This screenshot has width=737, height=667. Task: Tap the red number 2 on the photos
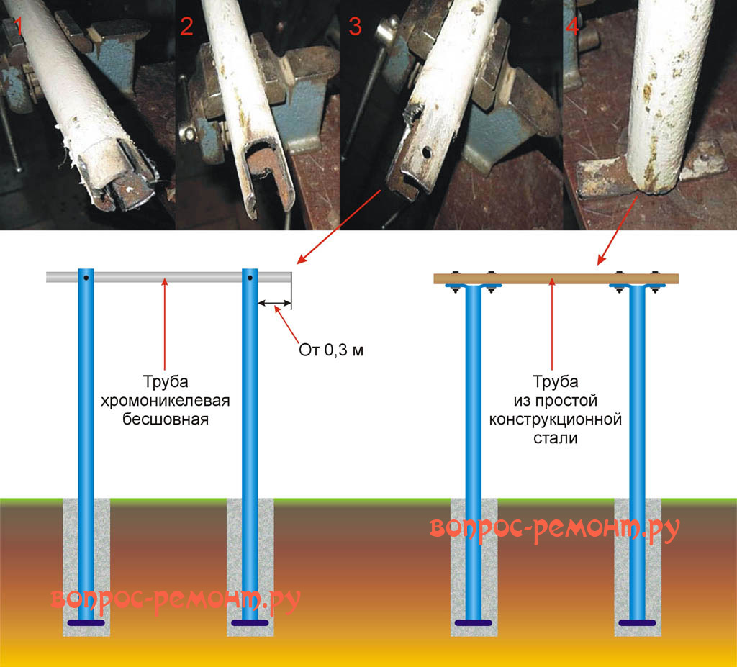187,27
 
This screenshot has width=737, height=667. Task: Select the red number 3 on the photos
355,27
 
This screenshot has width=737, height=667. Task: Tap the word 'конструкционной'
555,419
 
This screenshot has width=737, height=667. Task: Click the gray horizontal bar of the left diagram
166,277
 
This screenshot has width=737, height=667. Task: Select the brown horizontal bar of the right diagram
554,278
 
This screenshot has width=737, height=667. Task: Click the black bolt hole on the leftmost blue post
86,278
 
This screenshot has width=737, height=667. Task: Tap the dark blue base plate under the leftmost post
86,622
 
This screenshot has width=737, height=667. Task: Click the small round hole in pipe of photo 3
427,153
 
